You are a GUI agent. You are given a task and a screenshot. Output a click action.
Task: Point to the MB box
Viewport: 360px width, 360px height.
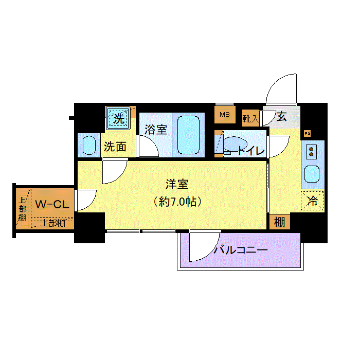click(x=225, y=114)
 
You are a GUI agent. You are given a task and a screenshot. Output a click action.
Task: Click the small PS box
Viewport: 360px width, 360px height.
click(x=308, y=133)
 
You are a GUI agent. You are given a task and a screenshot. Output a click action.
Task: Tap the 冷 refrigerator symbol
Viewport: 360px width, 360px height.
click(x=312, y=202)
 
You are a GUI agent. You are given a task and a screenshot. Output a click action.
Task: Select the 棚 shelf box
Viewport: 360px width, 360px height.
click(x=279, y=222)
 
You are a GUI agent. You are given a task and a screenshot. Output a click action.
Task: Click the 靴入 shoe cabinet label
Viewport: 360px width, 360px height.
click(x=250, y=119)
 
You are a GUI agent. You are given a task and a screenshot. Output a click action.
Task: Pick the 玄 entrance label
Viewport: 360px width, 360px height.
click(x=281, y=116)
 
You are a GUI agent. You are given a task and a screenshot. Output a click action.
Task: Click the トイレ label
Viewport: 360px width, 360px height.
click(x=250, y=151)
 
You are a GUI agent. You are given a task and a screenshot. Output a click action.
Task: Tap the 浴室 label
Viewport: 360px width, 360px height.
click(x=155, y=129)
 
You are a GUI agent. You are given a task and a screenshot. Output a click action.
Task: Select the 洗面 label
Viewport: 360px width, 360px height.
click(x=115, y=147)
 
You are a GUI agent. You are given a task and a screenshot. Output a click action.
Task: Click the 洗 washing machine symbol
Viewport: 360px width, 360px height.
click(x=119, y=118)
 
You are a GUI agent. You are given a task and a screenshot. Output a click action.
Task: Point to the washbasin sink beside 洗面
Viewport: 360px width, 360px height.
click(x=89, y=146)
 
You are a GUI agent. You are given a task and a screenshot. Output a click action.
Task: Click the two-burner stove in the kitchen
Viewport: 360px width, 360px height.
click(x=312, y=151)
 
